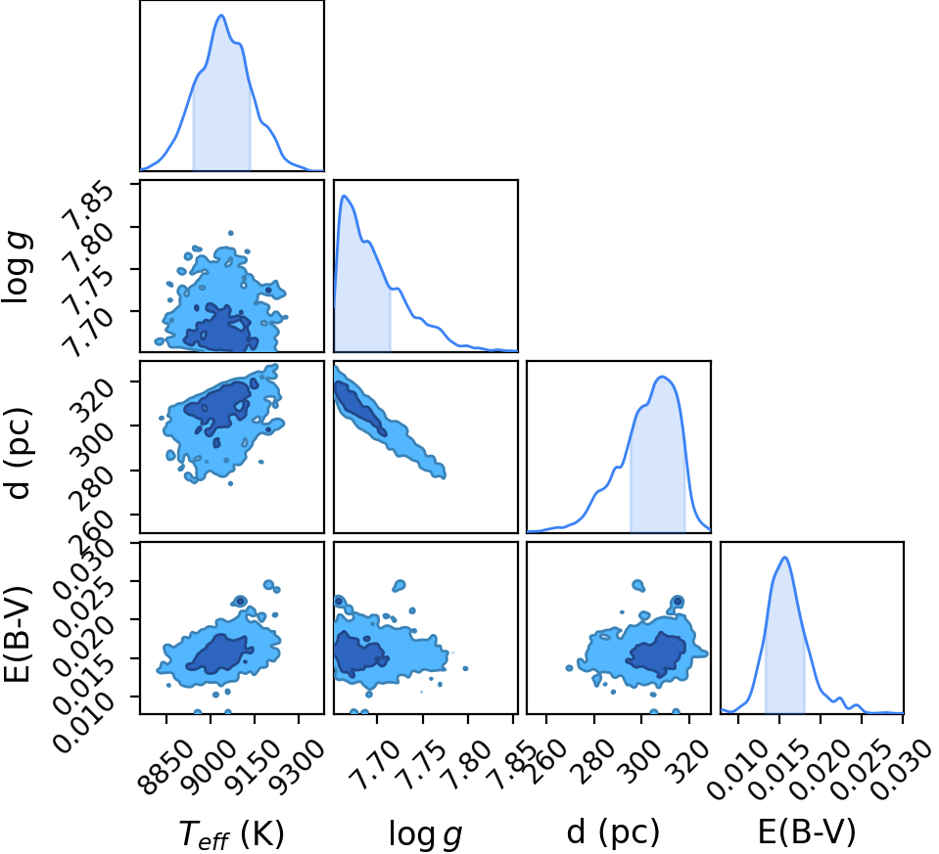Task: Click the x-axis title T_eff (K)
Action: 231,833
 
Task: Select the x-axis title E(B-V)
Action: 807,832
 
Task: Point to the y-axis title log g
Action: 18,267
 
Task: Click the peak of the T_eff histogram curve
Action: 221,15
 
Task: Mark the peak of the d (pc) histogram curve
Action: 662,377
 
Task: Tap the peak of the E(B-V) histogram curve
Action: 784,558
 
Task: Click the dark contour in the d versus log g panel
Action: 359,408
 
